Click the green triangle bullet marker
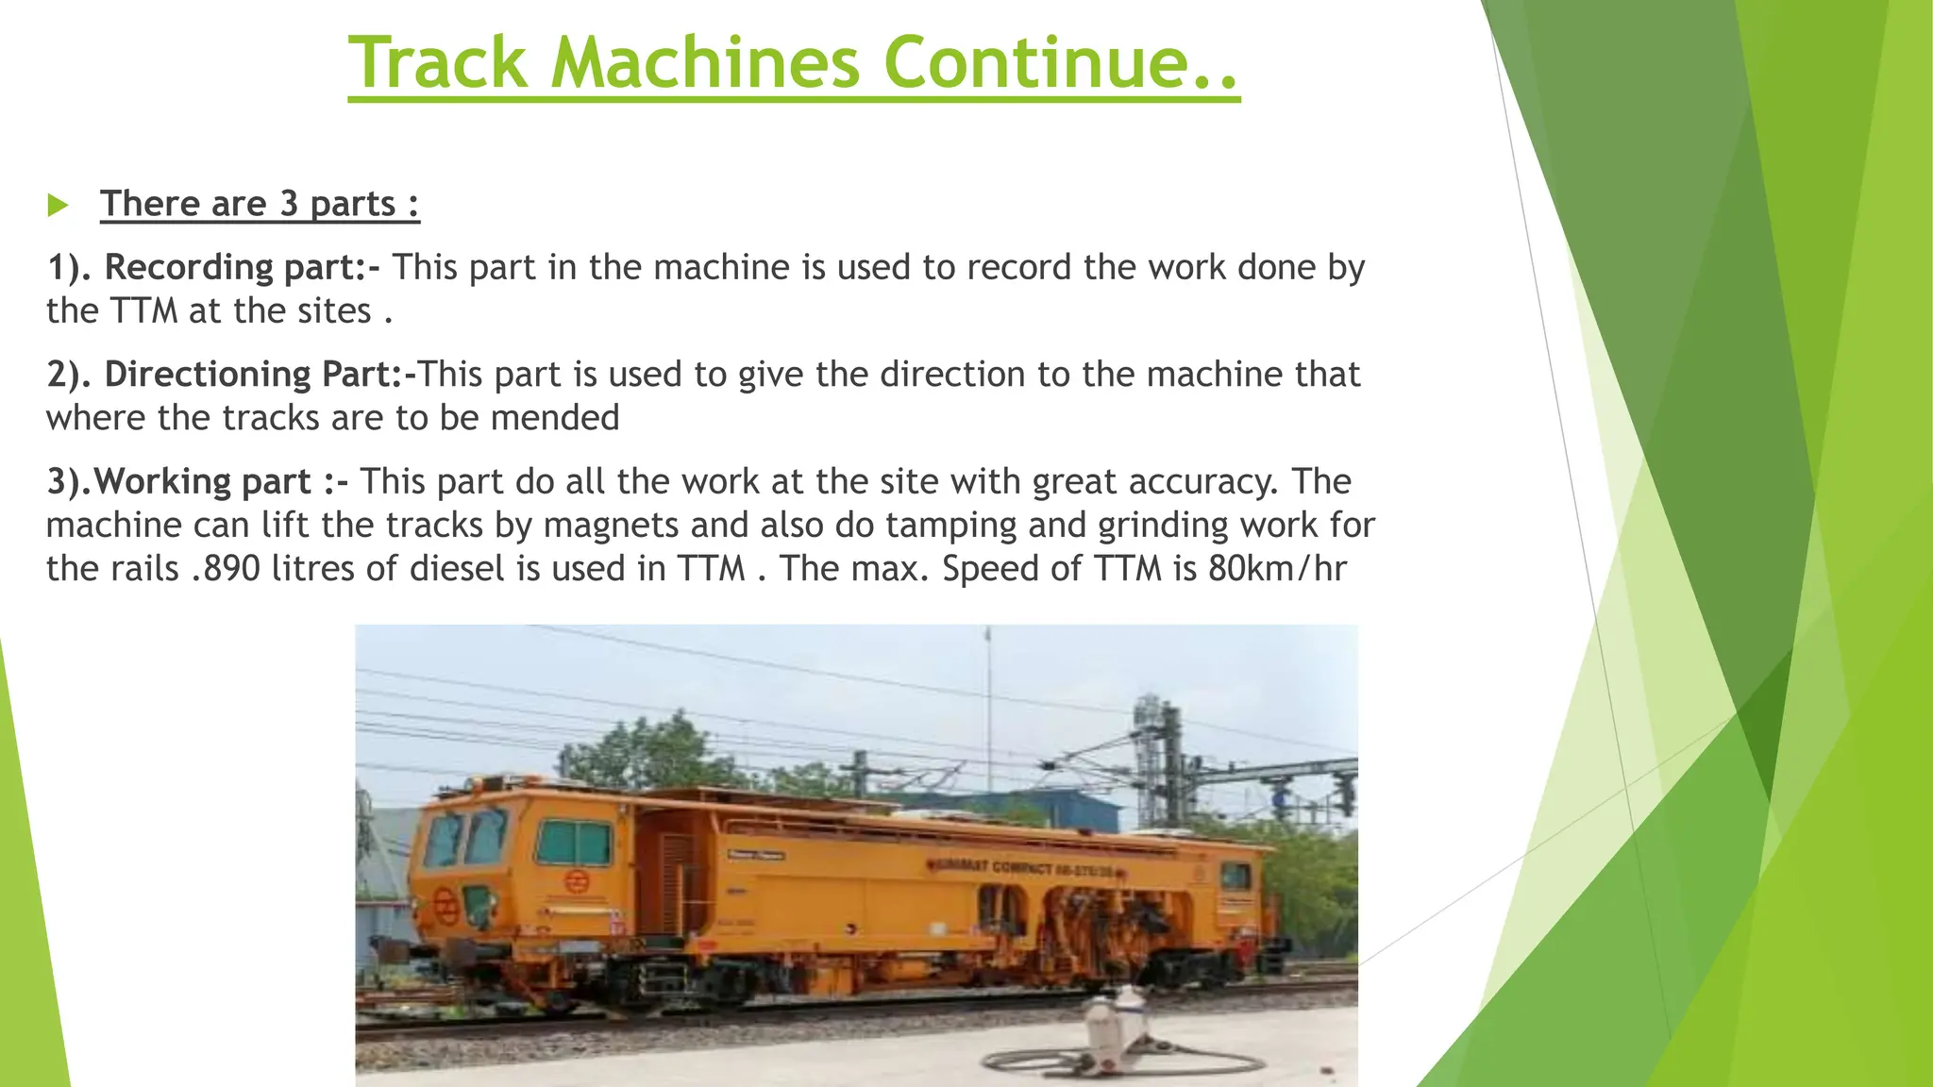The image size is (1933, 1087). tap(58, 205)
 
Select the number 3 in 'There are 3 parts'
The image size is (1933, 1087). tap(288, 204)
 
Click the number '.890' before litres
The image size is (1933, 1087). tap(225, 569)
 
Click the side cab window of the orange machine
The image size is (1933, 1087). tap(574, 842)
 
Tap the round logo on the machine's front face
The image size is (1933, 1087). tap(445, 908)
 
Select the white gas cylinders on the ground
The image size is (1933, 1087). tap(1114, 1028)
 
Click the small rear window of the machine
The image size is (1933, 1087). tap(1235, 877)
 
